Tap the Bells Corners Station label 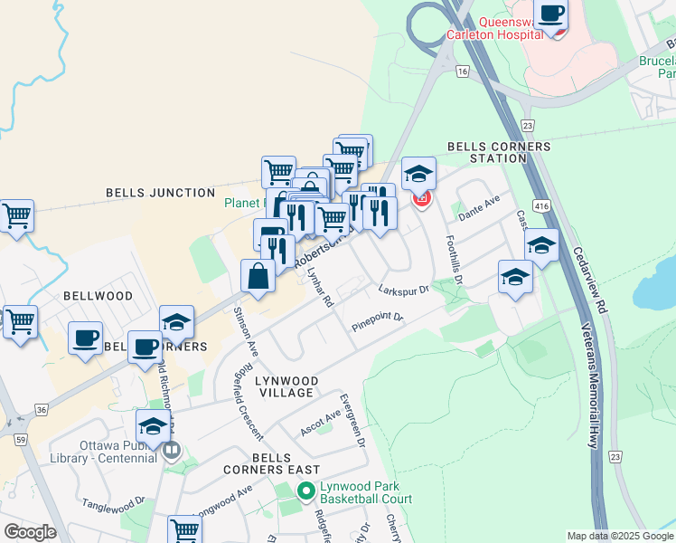(486, 152)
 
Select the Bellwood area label (98, 296)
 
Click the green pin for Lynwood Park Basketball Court (305, 491)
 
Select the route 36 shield (42, 409)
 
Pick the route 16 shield (463, 71)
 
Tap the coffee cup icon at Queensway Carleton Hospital (550, 15)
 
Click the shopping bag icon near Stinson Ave (258, 276)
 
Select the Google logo (30, 532)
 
